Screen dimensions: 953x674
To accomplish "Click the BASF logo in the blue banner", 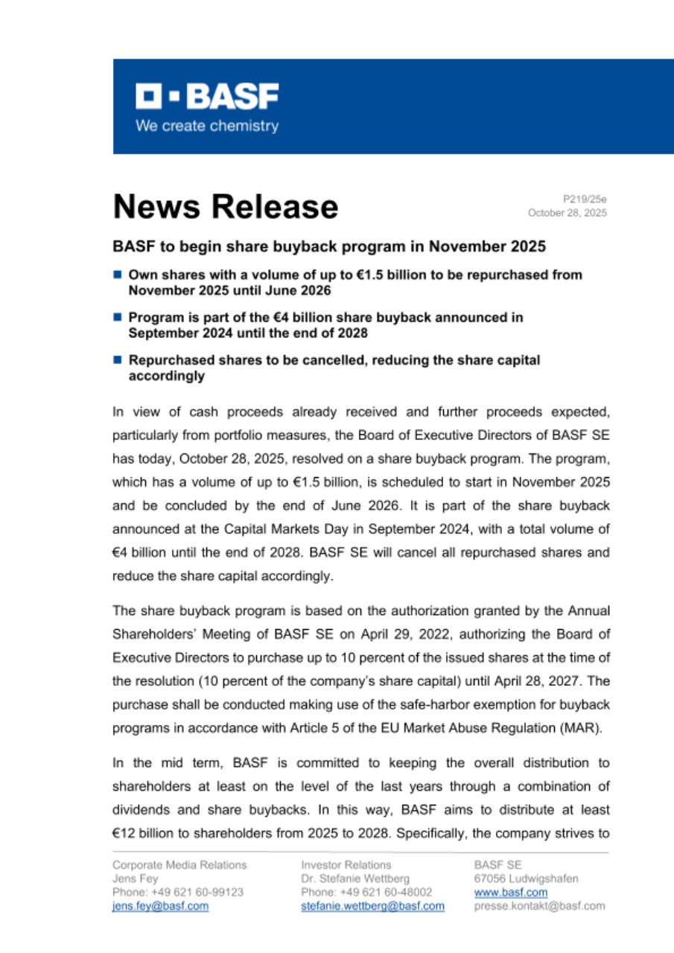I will coord(207,96).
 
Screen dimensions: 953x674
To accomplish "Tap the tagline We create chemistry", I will coord(207,126).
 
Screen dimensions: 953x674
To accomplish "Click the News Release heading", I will coord(225,206).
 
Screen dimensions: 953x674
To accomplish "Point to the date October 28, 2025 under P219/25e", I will coord(567,213).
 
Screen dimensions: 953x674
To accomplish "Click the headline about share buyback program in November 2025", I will coord(328,246).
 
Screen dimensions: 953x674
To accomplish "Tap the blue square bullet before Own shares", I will coord(118,275).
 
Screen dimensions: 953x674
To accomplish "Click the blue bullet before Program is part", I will coord(118,317).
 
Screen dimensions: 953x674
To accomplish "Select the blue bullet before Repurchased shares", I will coord(118,360).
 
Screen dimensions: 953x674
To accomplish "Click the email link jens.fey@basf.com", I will coord(160,906).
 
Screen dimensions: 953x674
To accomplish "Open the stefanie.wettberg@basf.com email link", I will coord(372,906).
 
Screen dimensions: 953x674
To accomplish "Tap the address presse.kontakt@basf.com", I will coord(539,906).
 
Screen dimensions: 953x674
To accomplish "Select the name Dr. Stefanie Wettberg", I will coord(355,879).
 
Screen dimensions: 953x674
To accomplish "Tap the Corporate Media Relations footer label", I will coord(179,864).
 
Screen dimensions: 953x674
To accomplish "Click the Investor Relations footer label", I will coord(346,864).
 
